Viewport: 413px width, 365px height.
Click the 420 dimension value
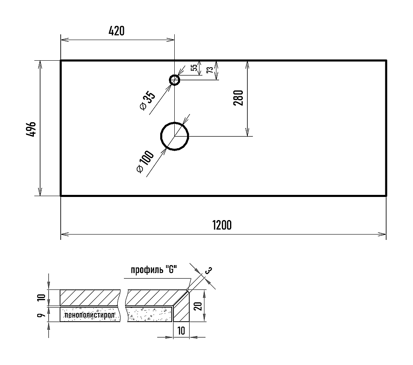pos(116,31)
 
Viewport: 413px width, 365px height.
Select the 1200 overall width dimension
pos(222,225)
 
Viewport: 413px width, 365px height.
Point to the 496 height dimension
pos(31,129)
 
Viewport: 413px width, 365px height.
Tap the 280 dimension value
pos(238,98)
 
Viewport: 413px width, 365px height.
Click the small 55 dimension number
pos(194,68)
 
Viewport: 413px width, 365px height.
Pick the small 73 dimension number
pos(210,70)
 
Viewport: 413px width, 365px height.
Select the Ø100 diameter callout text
pos(145,161)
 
